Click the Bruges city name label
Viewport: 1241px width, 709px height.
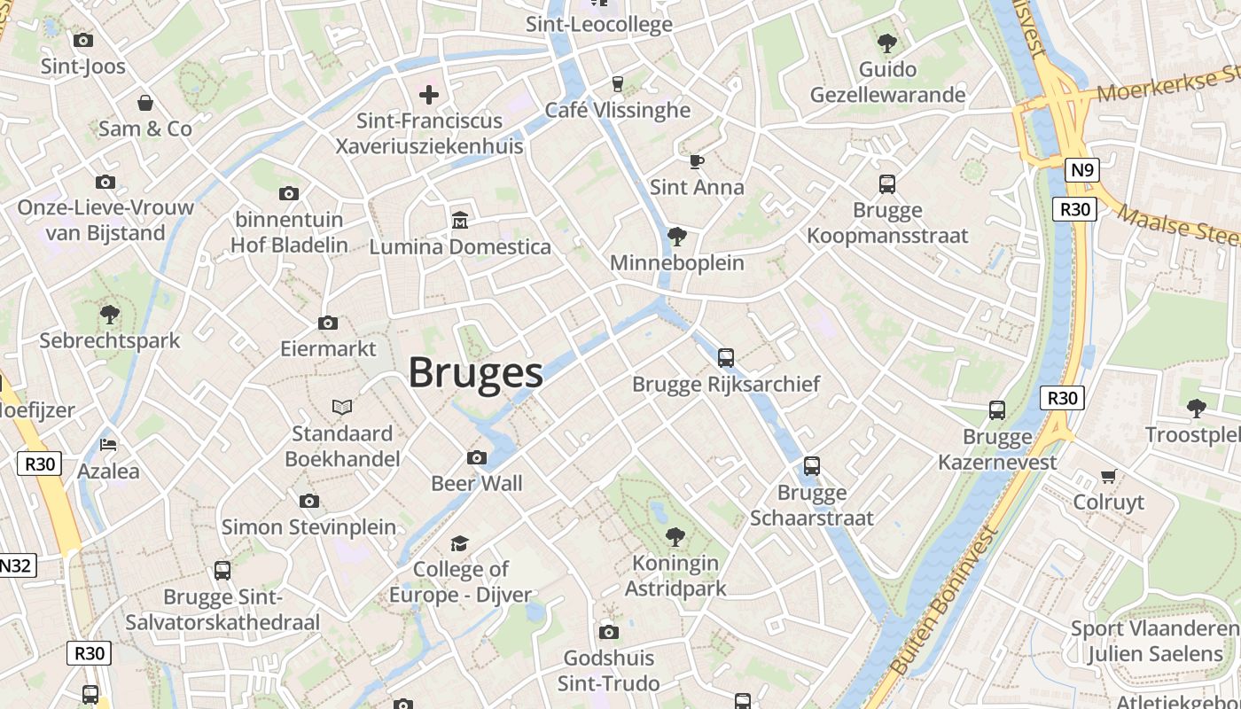coord(476,373)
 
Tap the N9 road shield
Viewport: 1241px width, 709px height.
coord(1081,170)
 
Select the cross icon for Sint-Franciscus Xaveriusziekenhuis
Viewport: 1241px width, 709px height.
coord(429,95)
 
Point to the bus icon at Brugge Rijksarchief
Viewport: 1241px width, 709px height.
coord(726,358)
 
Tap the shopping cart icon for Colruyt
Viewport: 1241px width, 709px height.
coord(1108,477)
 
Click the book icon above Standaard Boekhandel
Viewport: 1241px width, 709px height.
coord(342,407)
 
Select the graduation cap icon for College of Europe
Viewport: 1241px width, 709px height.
coord(459,542)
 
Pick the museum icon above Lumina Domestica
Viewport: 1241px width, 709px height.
coord(460,220)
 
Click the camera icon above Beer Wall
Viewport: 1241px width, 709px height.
coord(477,457)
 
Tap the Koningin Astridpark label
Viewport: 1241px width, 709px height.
coord(675,575)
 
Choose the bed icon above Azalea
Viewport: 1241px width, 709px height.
coord(108,444)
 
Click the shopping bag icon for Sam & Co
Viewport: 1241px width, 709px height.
coord(145,103)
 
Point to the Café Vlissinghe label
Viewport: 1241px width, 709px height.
coord(617,110)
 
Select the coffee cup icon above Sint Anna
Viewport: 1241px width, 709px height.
coord(697,161)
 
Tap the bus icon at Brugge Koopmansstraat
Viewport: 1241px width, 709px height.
coord(887,184)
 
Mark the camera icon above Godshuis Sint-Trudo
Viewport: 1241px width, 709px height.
coord(608,632)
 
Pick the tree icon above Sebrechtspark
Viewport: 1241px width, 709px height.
coord(110,314)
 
